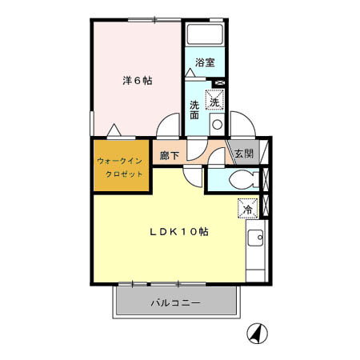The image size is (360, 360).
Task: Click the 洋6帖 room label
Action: point(138,81)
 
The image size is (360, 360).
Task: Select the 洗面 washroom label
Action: point(195,110)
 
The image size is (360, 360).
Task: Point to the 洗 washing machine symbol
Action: point(214,101)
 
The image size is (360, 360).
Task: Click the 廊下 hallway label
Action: point(170,154)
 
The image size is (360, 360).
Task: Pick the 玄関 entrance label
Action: point(243,154)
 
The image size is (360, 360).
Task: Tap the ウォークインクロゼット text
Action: point(121,166)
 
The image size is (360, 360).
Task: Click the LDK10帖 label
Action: point(180,231)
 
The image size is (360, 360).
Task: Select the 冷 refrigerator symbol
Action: point(247,208)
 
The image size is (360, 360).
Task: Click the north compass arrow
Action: point(256,331)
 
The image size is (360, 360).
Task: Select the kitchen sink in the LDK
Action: point(255,238)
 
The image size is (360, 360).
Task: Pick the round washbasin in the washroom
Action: point(216,123)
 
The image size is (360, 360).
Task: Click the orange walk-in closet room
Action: point(121,166)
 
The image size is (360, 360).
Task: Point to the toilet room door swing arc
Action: point(218,157)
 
